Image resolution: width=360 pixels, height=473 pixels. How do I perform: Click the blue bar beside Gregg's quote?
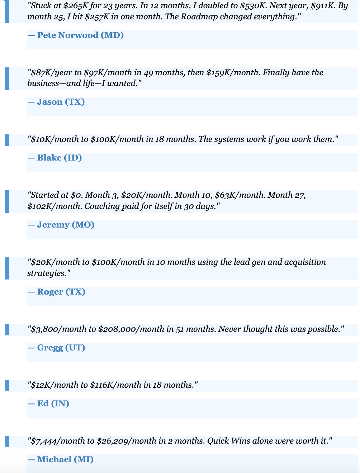pos(7,329)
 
